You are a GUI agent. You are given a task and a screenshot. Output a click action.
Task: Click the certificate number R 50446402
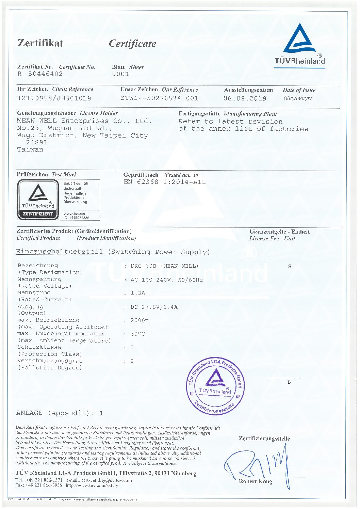coord(40,74)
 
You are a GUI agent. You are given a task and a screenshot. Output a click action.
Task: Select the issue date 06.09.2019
coord(245,98)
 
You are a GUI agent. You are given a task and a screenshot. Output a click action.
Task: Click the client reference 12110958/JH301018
coord(54,98)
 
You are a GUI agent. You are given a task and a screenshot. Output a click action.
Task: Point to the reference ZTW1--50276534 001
coord(159,98)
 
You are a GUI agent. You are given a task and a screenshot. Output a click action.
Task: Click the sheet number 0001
coord(120,74)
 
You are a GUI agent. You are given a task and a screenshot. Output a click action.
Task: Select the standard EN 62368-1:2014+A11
coord(165,182)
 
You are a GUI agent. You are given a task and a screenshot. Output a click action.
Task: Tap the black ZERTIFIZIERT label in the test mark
coord(38,214)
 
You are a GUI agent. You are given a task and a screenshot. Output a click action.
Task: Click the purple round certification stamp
coord(215,386)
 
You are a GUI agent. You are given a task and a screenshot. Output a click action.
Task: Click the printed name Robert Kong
coord(255,481)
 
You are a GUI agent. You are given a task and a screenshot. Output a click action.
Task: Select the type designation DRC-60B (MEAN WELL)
coord(164,266)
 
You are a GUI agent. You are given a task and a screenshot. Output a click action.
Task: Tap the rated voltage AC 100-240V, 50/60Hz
coord(167,280)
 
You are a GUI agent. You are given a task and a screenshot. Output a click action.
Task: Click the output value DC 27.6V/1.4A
coord(154,307)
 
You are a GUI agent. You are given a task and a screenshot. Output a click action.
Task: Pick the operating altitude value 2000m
coord(140,320)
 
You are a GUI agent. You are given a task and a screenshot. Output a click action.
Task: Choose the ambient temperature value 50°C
coord(137,334)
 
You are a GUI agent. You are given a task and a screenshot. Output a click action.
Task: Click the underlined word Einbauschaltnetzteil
coord(60,252)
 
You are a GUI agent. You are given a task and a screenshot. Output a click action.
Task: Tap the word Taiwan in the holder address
coord(30,149)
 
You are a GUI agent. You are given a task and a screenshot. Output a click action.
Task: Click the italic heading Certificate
coord(132,44)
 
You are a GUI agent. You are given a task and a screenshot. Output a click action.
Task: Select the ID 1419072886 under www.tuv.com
coord(77,218)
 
